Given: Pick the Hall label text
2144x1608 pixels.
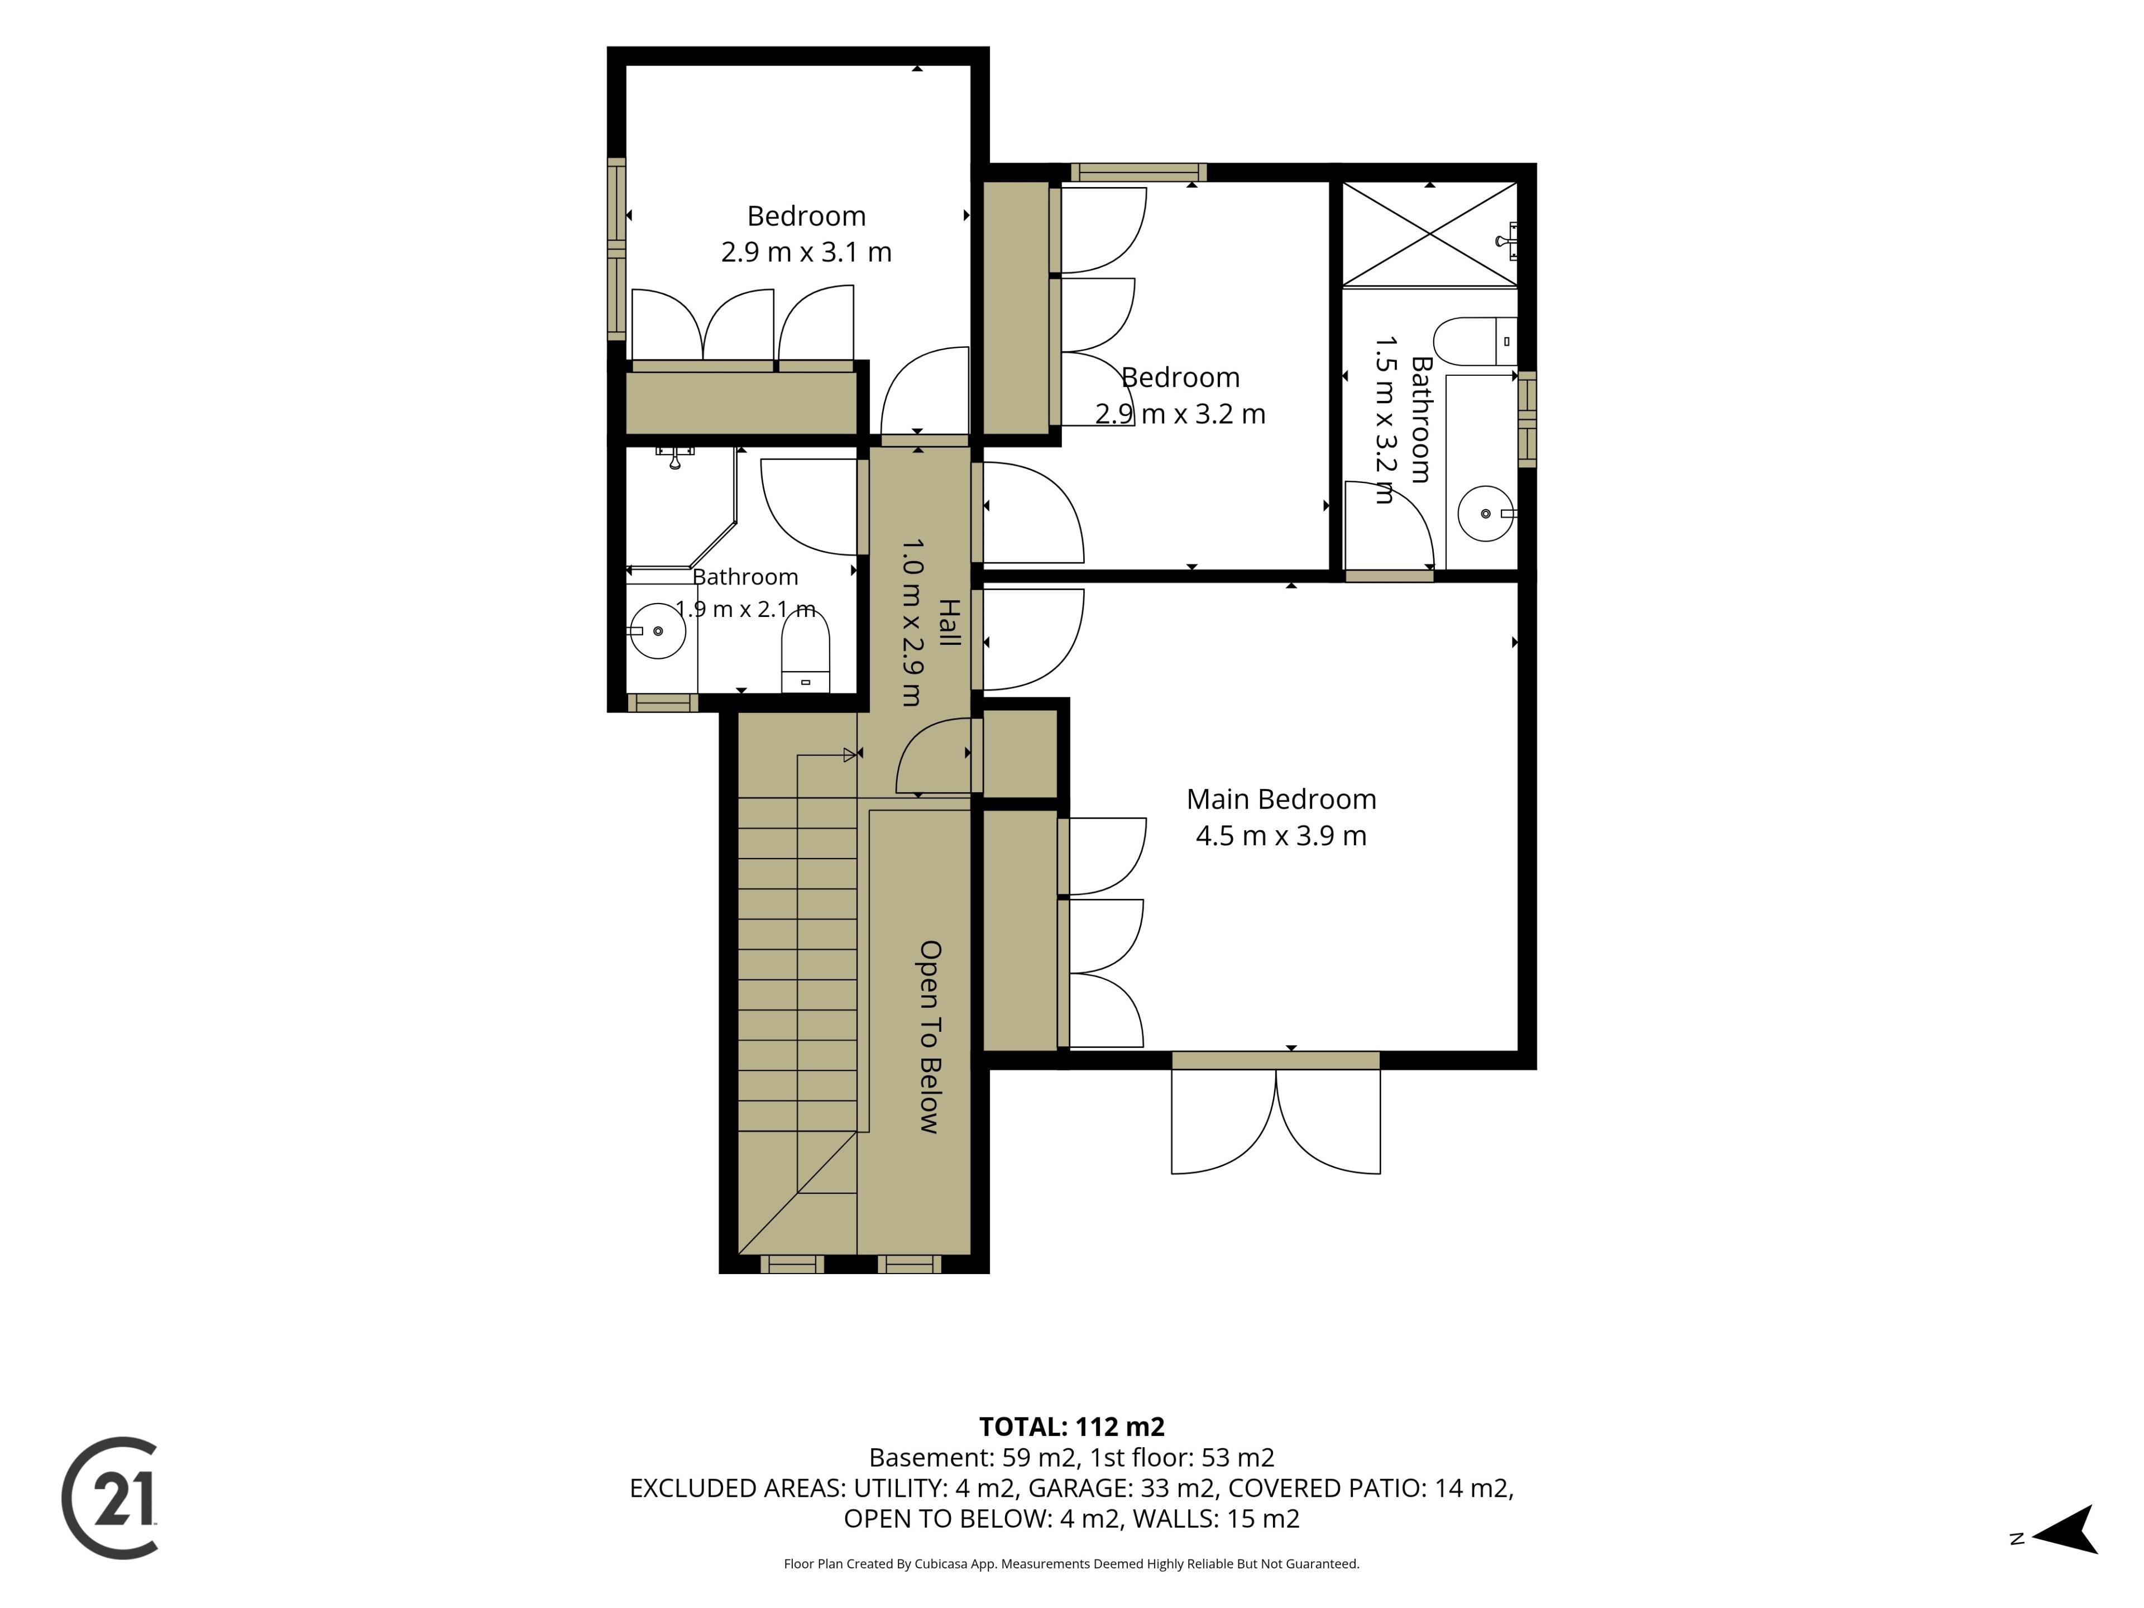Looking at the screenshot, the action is (950, 623).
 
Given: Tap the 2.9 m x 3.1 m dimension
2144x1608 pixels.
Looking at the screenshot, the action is (806, 252).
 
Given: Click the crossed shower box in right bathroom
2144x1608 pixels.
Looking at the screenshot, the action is (1430, 233).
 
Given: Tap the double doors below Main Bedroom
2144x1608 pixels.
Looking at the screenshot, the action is (1276, 1122).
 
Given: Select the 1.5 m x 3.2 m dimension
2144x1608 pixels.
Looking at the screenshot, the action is (1386, 420).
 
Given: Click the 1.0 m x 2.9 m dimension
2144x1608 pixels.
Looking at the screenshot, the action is (913, 623).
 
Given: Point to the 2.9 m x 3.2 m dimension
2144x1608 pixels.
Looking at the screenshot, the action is (1180, 414).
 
